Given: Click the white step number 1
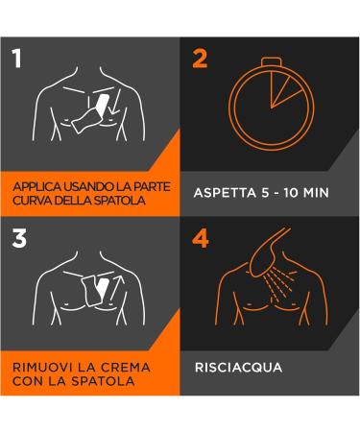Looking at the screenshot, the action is [16, 59].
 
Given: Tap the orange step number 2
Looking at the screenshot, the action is [200, 59].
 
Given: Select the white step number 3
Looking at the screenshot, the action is [19, 238].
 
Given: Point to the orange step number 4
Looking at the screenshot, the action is [201, 238].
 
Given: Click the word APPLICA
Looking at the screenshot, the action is [36, 187].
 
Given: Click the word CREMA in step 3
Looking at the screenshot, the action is [126, 367].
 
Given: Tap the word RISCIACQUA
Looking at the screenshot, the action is [238, 368].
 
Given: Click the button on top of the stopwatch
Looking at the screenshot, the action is [271, 61].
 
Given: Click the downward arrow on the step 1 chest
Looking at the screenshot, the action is [115, 102].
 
